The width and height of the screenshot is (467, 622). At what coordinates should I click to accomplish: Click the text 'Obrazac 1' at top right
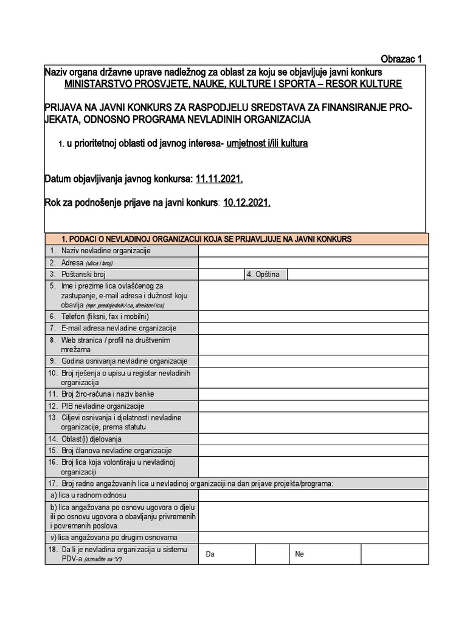click(x=401, y=59)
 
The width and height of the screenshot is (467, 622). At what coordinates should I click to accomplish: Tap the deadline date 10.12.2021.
click(x=247, y=203)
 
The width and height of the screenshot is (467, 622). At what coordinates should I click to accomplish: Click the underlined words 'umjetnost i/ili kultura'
click(x=267, y=144)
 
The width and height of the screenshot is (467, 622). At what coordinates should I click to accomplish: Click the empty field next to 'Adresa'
click(x=313, y=263)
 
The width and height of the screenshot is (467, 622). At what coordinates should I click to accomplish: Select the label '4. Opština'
click(x=263, y=275)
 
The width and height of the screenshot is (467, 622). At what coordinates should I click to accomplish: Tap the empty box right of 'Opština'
click(x=358, y=275)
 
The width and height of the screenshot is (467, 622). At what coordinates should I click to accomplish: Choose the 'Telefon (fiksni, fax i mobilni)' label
click(x=105, y=316)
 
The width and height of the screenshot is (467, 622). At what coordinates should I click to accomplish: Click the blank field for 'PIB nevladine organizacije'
click(x=313, y=406)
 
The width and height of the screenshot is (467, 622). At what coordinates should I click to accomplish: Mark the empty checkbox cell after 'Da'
click(x=271, y=554)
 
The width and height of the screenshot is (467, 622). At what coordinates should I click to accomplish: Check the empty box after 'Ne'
click(x=394, y=554)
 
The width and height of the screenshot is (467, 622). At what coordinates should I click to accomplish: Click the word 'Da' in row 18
click(x=210, y=555)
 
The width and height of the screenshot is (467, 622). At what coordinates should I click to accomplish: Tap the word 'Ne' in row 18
click(x=299, y=555)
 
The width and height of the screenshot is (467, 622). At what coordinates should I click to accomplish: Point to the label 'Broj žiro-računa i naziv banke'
click(x=108, y=394)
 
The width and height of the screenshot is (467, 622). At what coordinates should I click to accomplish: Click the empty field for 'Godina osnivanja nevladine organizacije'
click(x=313, y=361)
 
